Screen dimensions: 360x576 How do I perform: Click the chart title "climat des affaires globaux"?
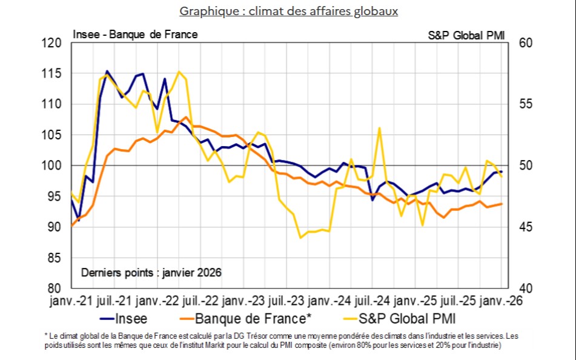(288, 11)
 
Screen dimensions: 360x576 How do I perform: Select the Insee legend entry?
(130, 318)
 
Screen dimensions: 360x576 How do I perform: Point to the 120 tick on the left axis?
(53, 43)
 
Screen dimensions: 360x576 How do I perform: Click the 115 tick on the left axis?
(53, 74)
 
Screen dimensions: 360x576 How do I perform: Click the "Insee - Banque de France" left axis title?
(135, 35)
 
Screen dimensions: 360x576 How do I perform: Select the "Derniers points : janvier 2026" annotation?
(151, 273)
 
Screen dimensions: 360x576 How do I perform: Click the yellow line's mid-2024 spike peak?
(379, 128)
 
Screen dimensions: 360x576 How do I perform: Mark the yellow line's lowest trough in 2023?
(301, 238)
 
